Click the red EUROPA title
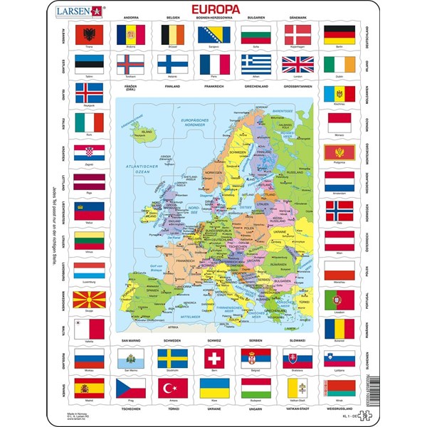pos(213,10)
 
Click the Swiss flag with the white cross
pos(213,357)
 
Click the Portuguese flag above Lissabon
pos(339,300)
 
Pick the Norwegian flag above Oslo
pos(339,210)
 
